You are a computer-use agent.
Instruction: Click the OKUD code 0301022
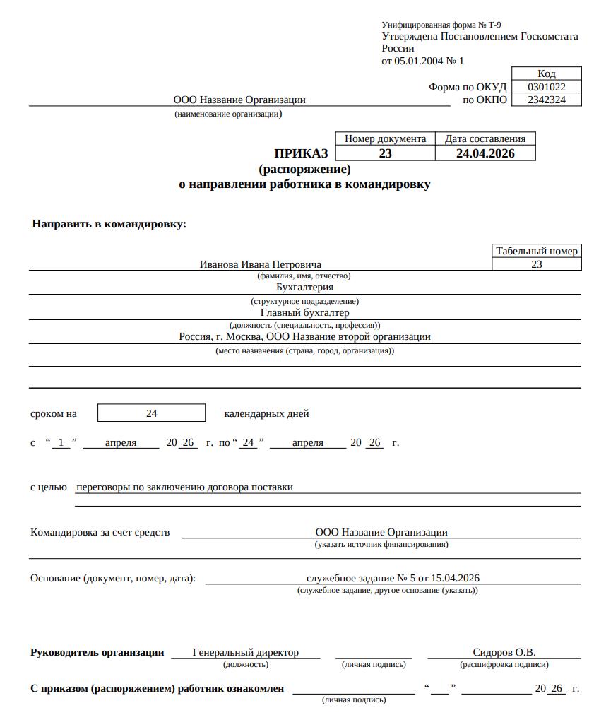point(546,87)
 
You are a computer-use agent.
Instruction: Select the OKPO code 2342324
point(546,100)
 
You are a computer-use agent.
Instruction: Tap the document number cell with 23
point(385,153)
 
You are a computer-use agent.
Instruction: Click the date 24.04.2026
point(485,153)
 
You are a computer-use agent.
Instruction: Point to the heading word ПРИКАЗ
point(302,153)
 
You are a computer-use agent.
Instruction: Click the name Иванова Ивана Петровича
point(261,264)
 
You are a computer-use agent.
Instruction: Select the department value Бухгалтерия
point(304,288)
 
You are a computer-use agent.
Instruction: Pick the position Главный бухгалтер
point(304,312)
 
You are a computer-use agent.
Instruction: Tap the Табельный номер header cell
point(537,251)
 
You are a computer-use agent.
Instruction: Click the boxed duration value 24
point(151,413)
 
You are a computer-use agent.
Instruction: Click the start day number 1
point(61,443)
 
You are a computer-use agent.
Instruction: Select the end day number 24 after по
point(247,443)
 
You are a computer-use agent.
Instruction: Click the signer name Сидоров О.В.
point(504,652)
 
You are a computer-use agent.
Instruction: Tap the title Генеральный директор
point(246,652)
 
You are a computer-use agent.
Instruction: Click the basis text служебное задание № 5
point(393,578)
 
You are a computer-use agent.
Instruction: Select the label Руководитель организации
point(97,652)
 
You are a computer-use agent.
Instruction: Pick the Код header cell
point(546,73)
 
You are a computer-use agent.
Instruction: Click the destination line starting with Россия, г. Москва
point(304,337)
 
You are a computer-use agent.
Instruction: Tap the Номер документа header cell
point(385,138)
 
